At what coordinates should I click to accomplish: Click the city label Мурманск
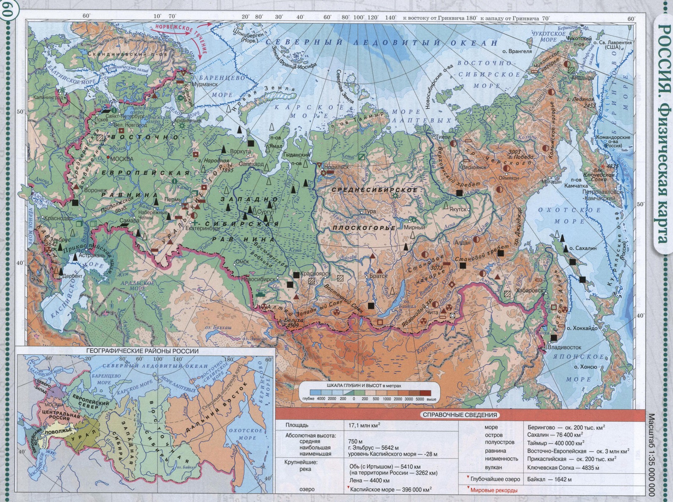(205, 84)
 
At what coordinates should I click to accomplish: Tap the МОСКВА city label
(122, 159)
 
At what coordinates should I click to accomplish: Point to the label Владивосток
(564, 347)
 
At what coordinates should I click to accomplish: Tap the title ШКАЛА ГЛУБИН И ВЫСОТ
(364, 386)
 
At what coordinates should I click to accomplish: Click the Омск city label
(242, 262)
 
